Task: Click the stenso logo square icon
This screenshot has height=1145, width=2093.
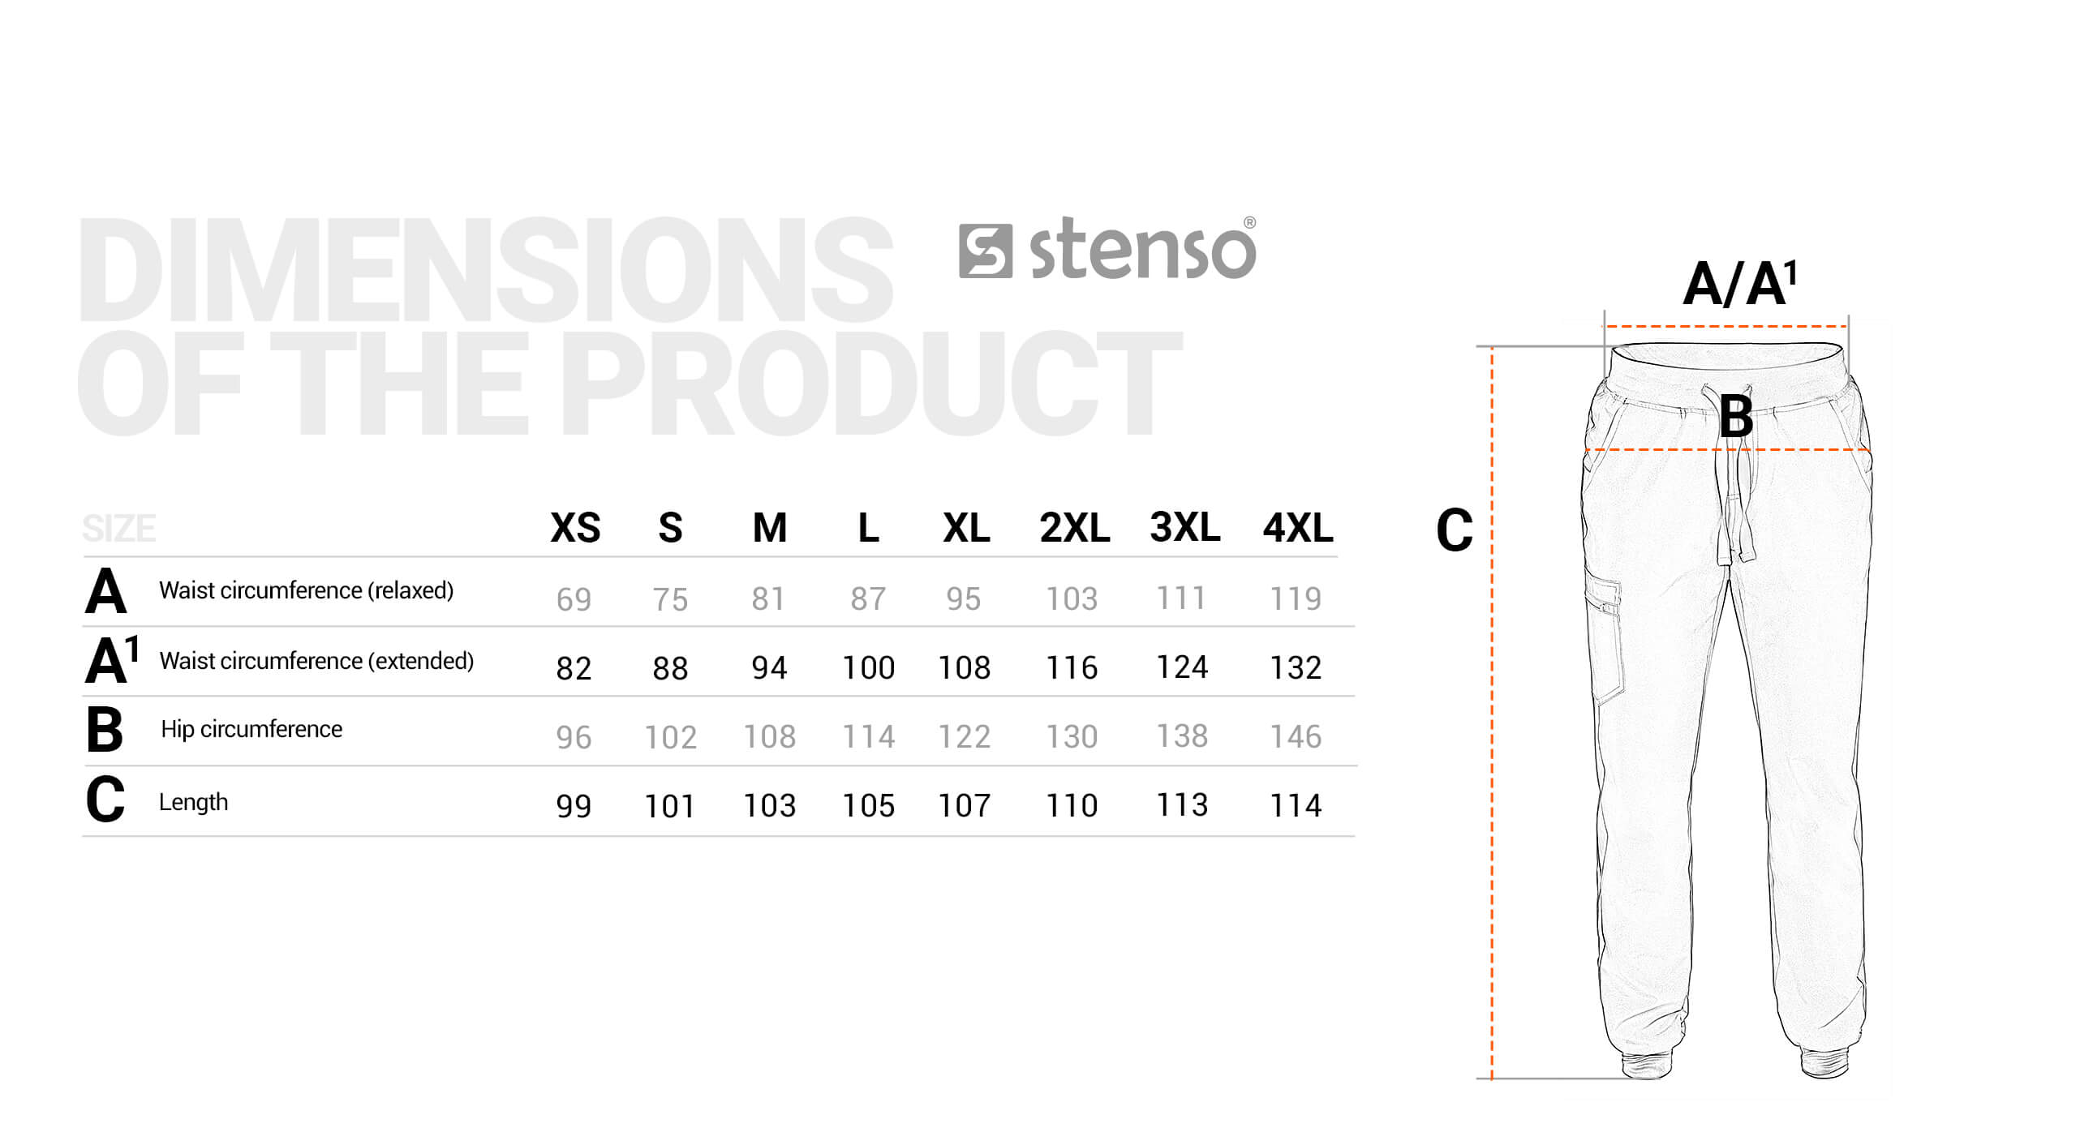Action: point(985,251)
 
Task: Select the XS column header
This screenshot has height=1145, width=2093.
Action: point(575,528)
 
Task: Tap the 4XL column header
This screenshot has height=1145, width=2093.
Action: point(1297,528)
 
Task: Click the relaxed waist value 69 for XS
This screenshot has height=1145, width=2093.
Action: point(574,599)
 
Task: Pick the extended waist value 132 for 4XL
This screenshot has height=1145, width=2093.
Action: point(1296,667)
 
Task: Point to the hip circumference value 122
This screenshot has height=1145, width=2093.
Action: point(965,736)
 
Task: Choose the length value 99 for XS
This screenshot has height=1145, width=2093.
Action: point(574,805)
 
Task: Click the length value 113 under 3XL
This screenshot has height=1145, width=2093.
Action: point(1182,804)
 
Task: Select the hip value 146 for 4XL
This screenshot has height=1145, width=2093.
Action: point(1296,736)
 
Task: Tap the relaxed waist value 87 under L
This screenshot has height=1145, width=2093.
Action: point(868,598)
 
